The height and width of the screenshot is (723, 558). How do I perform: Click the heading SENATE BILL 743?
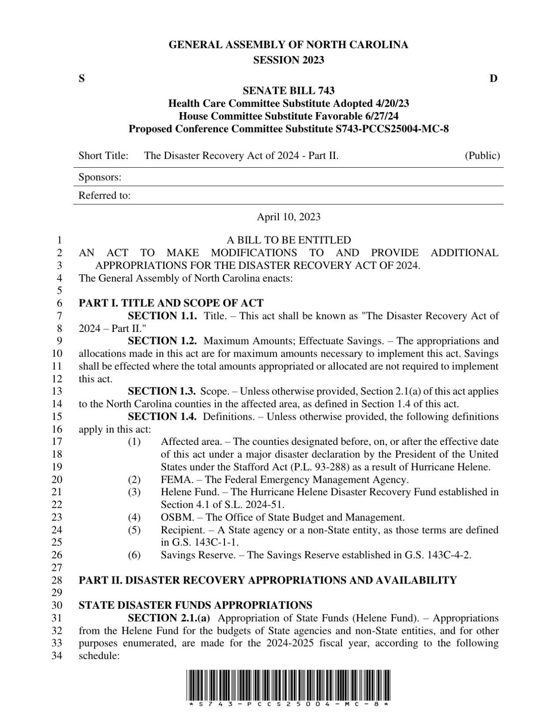(x=288, y=91)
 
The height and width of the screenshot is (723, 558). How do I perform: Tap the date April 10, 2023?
(x=288, y=217)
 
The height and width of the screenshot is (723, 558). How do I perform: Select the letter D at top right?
(x=494, y=79)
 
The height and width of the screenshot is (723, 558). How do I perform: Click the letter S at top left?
(x=82, y=79)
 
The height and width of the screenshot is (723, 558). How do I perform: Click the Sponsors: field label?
(x=100, y=177)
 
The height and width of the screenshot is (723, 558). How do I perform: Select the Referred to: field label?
(x=105, y=196)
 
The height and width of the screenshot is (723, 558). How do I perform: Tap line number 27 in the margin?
(x=57, y=568)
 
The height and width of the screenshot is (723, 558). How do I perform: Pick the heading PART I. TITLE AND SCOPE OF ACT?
(x=171, y=303)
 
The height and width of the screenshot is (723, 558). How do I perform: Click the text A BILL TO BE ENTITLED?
(x=288, y=240)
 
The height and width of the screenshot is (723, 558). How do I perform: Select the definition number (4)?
(x=134, y=517)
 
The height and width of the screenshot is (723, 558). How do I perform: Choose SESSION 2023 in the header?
(x=288, y=60)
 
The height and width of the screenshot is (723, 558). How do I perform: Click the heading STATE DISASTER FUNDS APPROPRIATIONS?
(x=195, y=605)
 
